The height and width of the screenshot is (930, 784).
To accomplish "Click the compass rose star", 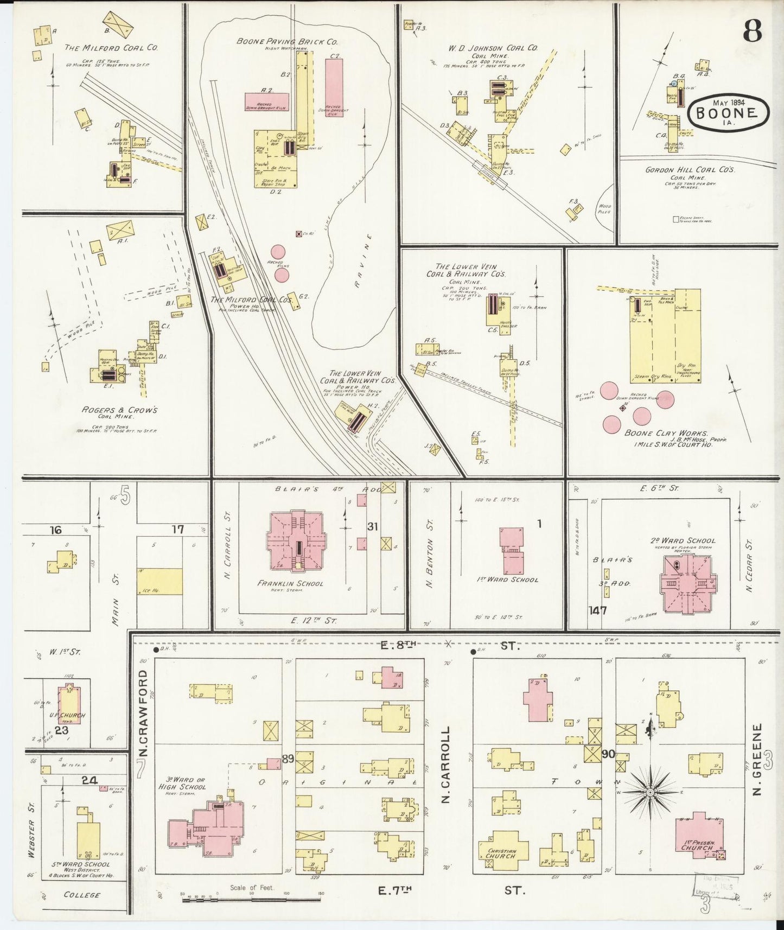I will (x=650, y=793).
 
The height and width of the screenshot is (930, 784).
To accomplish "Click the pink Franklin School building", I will (x=296, y=540).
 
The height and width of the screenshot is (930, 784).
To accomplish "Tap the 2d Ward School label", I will (x=683, y=540).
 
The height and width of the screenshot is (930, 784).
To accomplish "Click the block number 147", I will (x=597, y=610).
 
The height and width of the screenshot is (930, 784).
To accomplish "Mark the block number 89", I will (x=288, y=759).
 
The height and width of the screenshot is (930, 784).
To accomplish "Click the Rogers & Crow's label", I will (x=119, y=410).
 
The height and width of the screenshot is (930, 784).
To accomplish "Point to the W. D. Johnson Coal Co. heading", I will (x=493, y=48).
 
